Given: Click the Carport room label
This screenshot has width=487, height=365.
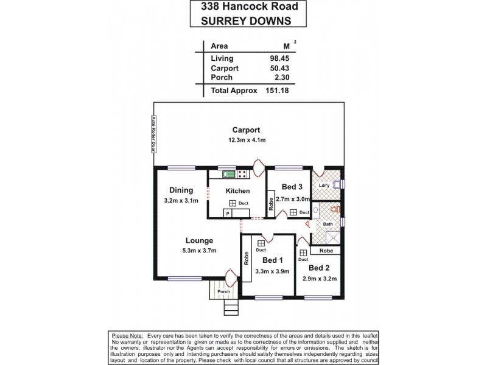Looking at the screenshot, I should click(246, 130).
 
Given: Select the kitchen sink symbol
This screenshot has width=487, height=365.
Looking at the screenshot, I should click(229, 174).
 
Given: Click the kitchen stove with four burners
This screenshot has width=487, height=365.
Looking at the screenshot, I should click(242, 174).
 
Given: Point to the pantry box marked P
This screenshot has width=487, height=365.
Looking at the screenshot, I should click(226, 213).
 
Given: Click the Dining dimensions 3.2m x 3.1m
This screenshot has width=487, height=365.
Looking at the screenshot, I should click(181, 200).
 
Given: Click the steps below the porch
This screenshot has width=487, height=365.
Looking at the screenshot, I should click(230, 308).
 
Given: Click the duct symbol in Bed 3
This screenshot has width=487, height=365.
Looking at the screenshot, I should click(293, 212).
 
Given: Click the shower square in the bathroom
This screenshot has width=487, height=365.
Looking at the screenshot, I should click(327, 239).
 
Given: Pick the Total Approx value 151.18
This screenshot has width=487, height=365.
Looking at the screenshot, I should click(275, 90).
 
